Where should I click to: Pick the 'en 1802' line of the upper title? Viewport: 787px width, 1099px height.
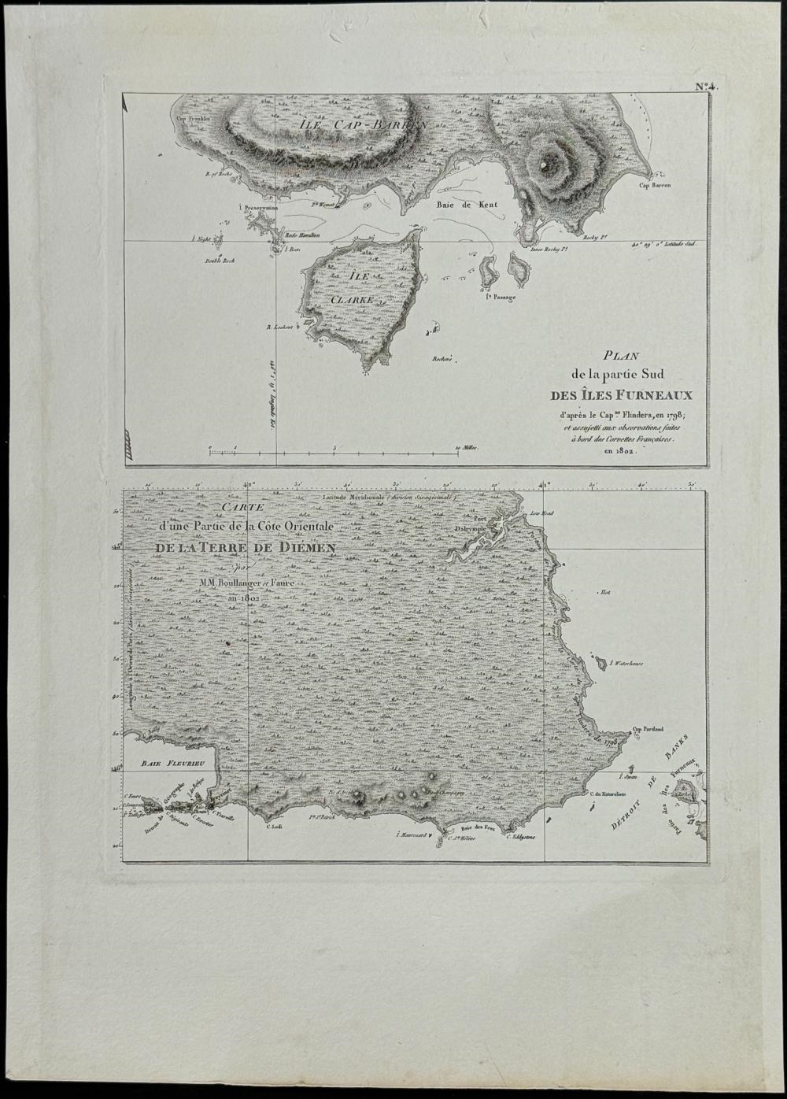coord(619,453)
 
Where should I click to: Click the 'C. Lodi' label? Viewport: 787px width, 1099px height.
coord(275,826)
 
